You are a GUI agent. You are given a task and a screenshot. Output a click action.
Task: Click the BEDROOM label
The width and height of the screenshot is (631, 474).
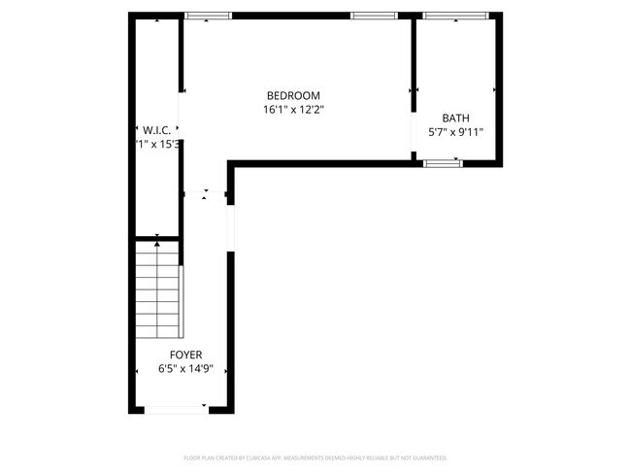click(x=293, y=95)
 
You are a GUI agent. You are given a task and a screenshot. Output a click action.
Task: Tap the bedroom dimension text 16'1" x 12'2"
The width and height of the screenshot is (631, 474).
click(x=293, y=110)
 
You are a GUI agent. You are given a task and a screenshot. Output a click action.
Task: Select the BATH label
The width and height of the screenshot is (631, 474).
click(x=455, y=118)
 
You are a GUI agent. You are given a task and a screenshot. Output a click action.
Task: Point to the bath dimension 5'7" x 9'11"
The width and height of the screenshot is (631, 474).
click(x=455, y=132)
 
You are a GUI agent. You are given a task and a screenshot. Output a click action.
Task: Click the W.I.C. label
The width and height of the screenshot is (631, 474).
click(x=156, y=129)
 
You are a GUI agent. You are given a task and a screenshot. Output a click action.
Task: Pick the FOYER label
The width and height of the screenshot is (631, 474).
click(x=185, y=355)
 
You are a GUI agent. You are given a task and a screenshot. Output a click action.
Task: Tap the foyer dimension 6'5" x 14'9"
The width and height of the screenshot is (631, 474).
click(x=185, y=370)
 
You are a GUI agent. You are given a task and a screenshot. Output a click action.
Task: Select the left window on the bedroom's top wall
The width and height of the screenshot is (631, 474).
click(x=209, y=16)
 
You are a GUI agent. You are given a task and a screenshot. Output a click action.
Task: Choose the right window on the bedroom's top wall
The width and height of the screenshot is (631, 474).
click(x=374, y=16)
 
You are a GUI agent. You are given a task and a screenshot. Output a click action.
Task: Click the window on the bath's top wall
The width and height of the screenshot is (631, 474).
click(x=448, y=16)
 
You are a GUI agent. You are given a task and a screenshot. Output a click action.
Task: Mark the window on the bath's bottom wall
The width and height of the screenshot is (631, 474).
click(x=444, y=163)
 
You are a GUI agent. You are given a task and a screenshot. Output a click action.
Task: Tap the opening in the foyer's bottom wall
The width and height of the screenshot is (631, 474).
click(x=176, y=411)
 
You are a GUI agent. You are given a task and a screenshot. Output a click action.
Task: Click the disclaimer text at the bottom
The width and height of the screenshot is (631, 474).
click(x=315, y=457)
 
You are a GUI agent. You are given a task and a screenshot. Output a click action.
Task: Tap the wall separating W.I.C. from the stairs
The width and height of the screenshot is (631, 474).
click(x=156, y=237)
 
